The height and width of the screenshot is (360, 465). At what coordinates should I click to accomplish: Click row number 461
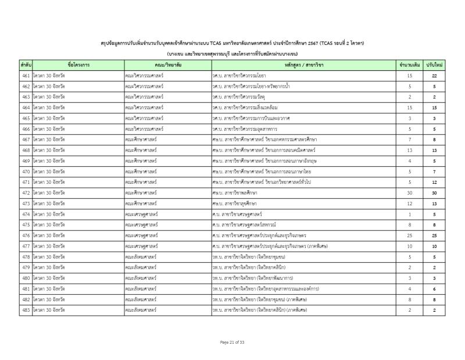(x=26, y=76)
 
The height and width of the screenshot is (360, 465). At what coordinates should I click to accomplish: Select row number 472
(x=26, y=193)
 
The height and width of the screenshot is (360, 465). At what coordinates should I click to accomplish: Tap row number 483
(x=26, y=310)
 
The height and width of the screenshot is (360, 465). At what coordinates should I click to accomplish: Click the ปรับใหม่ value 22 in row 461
(x=434, y=76)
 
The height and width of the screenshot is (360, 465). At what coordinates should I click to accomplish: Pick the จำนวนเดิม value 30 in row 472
(x=410, y=193)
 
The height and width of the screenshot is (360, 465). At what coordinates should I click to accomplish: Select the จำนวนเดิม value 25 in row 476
(x=410, y=236)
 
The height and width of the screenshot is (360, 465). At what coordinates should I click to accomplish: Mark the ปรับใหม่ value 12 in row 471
(x=434, y=182)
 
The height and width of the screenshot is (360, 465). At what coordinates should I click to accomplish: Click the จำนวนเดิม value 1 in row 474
(x=410, y=214)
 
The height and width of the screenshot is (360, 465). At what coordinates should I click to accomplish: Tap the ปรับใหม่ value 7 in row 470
(x=434, y=172)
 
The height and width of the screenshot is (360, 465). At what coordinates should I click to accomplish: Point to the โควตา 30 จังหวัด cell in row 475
(x=49, y=224)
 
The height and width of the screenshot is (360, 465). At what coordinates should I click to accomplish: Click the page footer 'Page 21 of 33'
(x=232, y=342)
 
